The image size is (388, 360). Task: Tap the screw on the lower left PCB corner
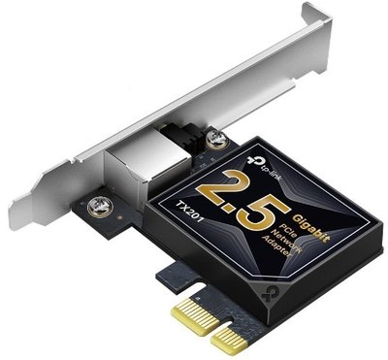coord(100,208)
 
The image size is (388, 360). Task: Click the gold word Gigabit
coord(311,228)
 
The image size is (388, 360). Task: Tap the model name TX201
coord(191,212)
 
